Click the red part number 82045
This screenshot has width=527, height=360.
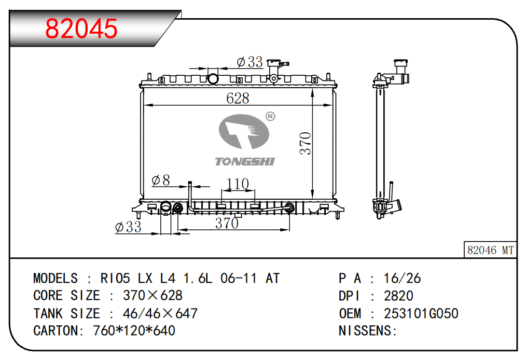(81, 29)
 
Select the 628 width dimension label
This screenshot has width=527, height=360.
(238, 99)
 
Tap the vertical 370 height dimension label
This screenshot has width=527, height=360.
(305, 144)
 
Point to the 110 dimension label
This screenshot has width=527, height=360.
(237, 184)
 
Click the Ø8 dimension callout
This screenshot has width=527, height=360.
(161, 181)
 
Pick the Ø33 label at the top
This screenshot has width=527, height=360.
(249, 62)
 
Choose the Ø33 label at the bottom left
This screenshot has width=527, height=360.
(128, 227)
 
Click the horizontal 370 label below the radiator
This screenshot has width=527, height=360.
(227, 223)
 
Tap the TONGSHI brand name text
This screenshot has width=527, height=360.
(245, 162)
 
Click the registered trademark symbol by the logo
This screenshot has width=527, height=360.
(271, 116)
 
